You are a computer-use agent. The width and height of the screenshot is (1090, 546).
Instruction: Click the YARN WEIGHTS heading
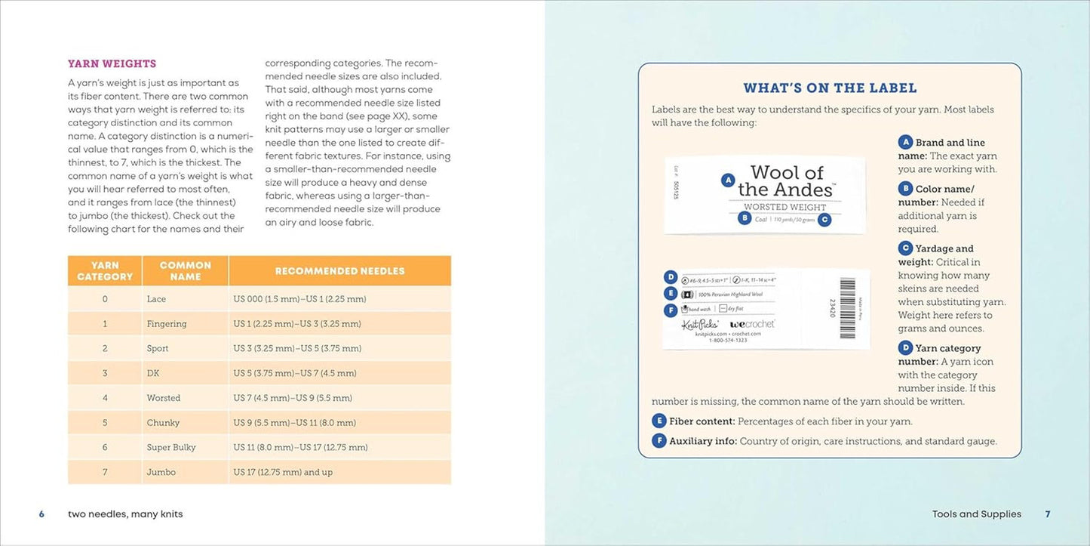[112, 63]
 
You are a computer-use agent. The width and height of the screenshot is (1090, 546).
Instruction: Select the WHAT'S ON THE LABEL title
[830, 88]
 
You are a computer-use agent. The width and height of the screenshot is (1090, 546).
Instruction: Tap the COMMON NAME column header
[186, 271]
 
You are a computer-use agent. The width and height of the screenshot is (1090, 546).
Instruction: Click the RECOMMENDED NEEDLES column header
[339, 271]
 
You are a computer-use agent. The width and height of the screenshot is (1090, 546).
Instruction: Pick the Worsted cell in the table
[164, 398]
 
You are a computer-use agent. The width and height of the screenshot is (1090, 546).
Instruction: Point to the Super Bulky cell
[171, 447]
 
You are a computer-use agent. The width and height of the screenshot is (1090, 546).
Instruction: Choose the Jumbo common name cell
[161, 472]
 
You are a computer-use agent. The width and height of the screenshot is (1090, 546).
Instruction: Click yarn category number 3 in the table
[105, 373]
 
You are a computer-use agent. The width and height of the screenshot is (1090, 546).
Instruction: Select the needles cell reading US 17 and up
[283, 472]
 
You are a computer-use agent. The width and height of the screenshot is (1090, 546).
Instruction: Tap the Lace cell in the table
[156, 299]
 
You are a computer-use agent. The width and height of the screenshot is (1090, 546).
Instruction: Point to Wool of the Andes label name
[786, 181]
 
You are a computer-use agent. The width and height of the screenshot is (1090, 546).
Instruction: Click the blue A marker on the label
[728, 180]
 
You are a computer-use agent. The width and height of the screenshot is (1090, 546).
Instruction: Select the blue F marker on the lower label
[670, 310]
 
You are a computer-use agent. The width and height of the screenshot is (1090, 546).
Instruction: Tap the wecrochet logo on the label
[752, 324]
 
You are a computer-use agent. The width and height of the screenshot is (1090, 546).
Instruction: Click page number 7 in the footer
[1047, 514]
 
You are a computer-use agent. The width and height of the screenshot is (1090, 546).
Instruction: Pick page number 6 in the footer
[42, 514]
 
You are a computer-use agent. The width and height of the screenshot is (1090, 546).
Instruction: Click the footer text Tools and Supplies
[976, 514]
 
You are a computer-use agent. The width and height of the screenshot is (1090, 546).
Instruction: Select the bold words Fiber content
[702, 421]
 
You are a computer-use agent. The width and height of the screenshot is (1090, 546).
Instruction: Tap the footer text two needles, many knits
[125, 514]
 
